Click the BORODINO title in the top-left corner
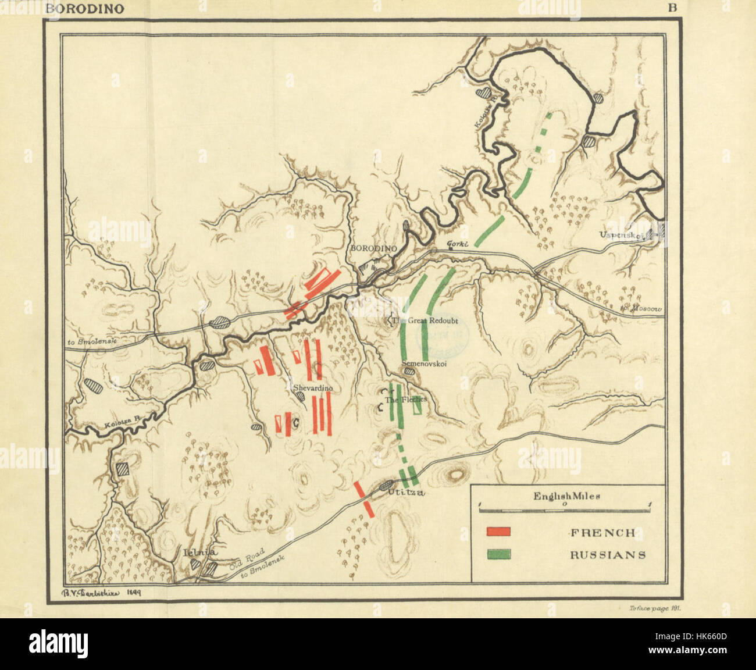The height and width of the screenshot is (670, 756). click(x=84, y=9)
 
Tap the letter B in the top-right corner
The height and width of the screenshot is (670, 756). click(x=672, y=8)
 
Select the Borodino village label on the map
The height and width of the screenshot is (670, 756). click(x=373, y=248)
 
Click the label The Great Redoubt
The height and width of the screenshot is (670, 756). click(x=425, y=320)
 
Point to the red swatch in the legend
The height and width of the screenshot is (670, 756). click(x=499, y=532)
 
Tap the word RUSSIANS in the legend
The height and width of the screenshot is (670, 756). click(x=608, y=555)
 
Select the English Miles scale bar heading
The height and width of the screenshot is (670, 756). click(x=567, y=497)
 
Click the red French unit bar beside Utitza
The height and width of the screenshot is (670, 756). click(x=364, y=498)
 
